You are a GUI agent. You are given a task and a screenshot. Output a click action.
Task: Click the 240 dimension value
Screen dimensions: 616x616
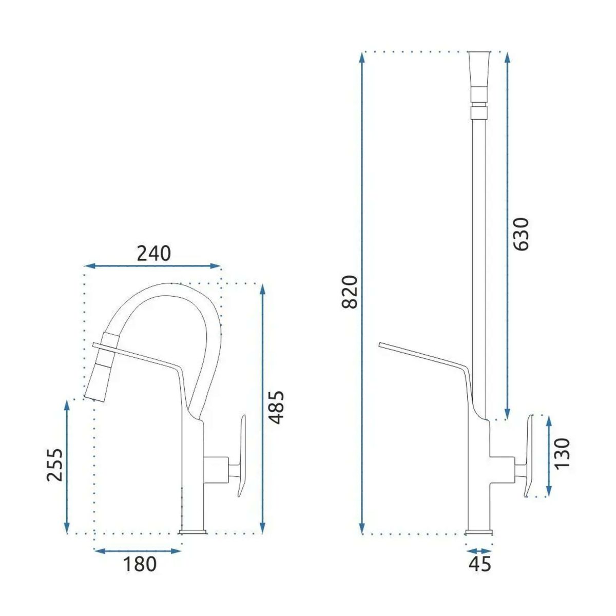(x=154, y=254)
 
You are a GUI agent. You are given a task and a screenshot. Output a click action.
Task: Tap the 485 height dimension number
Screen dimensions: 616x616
(x=276, y=408)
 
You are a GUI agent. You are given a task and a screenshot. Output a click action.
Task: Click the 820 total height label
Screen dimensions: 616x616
(x=350, y=292)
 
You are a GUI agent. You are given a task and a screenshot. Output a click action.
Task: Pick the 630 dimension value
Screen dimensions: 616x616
(x=522, y=234)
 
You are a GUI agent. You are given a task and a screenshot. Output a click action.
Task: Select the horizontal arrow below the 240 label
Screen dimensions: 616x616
(x=152, y=265)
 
